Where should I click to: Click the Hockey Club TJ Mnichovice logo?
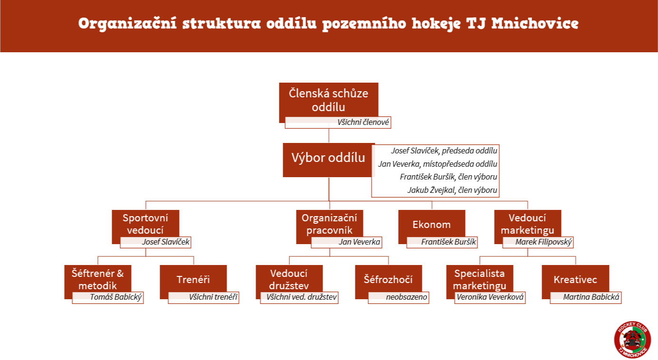(x=632, y=340)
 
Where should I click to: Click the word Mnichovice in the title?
(x=535, y=23)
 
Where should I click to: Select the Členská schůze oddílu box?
(x=328, y=100)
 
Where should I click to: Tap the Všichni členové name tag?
(x=338, y=123)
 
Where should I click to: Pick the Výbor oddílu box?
(x=328, y=160)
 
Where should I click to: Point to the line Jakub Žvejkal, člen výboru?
(x=452, y=190)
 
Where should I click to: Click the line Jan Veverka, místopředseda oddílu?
(x=438, y=164)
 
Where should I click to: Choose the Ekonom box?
(x=431, y=225)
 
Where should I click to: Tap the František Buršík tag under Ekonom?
(x=442, y=242)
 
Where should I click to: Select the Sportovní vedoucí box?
(x=145, y=224)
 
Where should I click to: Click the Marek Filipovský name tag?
(x=538, y=242)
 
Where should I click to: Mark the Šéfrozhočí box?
(x=388, y=279)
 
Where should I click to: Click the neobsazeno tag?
(x=399, y=297)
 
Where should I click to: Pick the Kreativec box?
(x=575, y=279)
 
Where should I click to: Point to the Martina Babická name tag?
(x=586, y=297)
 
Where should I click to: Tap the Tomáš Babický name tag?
(x=108, y=297)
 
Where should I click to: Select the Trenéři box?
(x=193, y=279)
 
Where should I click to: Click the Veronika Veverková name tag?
(x=490, y=297)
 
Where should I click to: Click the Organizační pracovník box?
(x=329, y=224)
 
